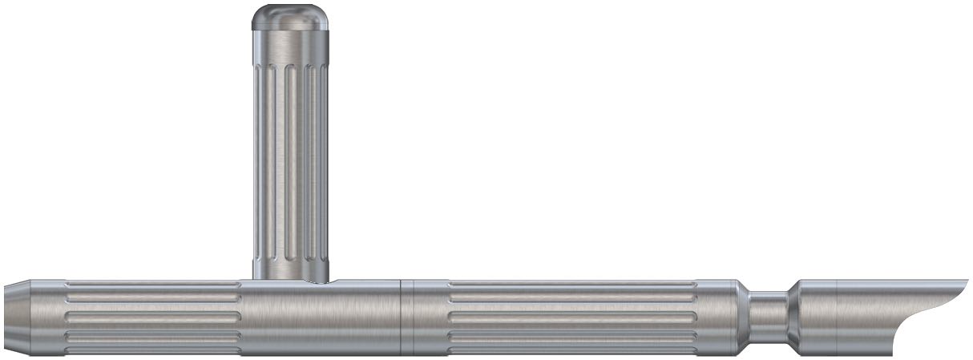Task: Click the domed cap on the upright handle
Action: point(291,17)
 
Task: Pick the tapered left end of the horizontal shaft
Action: point(17,318)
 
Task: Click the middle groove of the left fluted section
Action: point(152,318)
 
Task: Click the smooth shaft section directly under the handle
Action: point(321,319)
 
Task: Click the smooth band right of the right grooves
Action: point(717,318)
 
